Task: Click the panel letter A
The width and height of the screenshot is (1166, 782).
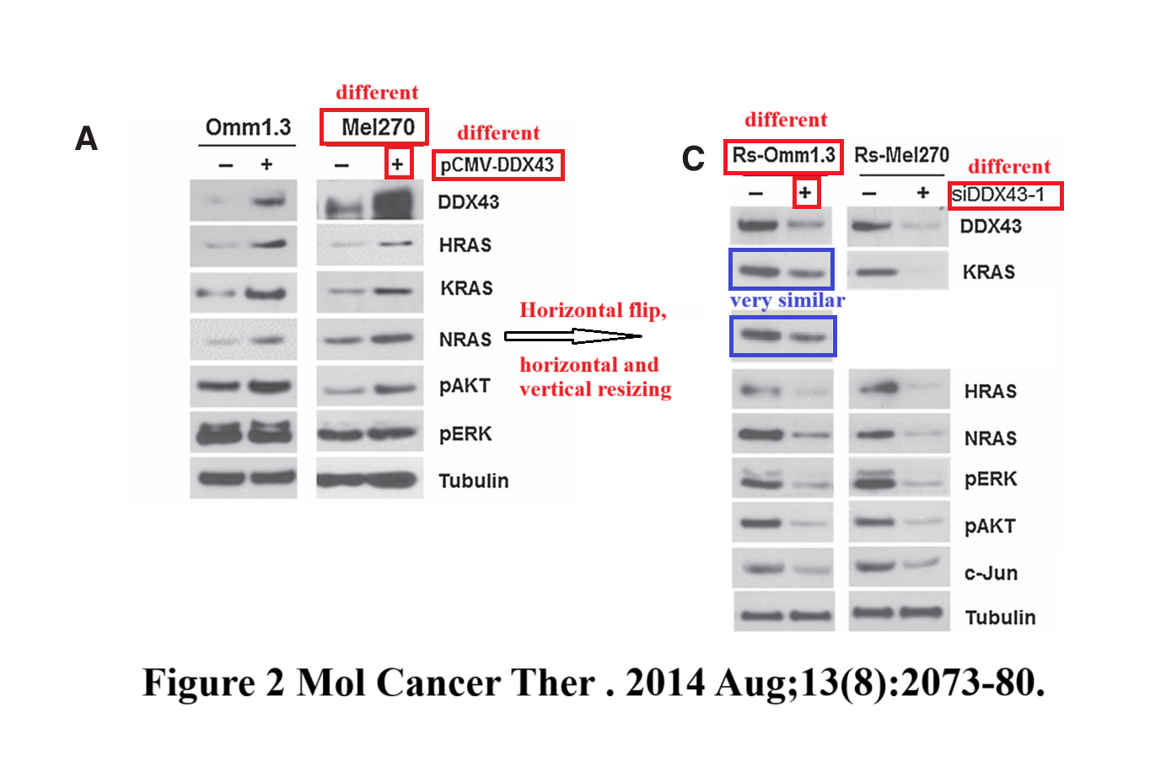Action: pyautogui.click(x=87, y=139)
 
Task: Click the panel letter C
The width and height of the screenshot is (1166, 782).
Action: pyautogui.click(x=693, y=158)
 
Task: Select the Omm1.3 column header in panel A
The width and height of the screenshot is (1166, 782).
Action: pyautogui.click(x=248, y=128)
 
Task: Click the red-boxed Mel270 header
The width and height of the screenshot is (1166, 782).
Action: pyautogui.click(x=375, y=127)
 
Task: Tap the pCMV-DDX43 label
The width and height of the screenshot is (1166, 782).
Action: pyautogui.click(x=497, y=164)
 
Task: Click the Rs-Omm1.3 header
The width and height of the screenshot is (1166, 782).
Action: pyautogui.click(x=783, y=156)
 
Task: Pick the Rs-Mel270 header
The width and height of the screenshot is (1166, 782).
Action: pyautogui.click(x=901, y=156)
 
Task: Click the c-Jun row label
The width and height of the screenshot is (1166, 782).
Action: pyautogui.click(x=991, y=574)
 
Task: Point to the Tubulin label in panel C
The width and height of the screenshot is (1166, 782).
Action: pyautogui.click(x=1000, y=618)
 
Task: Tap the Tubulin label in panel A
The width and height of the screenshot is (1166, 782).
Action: pyautogui.click(x=474, y=481)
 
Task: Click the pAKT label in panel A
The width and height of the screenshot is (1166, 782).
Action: pyautogui.click(x=465, y=386)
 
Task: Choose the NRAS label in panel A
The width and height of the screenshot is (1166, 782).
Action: pyautogui.click(x=465, y=340)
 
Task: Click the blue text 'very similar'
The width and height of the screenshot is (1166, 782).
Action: pyautogui.click(x=787, y=301)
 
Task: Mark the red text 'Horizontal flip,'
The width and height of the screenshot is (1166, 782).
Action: pyautogui.click(x=592, y=311)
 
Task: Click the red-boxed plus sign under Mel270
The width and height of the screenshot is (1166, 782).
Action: pyautogui.click(x=398, y=163)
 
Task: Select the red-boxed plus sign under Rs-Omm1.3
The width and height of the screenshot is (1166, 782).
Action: pyautogui.click(x=805, y=193)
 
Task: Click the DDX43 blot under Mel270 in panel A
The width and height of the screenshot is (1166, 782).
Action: pyautogui.click(x=370, y=203)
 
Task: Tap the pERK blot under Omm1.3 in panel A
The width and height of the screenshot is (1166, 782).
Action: pyautogui.click(x=244, y=433)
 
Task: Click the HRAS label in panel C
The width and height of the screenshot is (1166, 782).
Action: pyautogui.click(x=991, y=392)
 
